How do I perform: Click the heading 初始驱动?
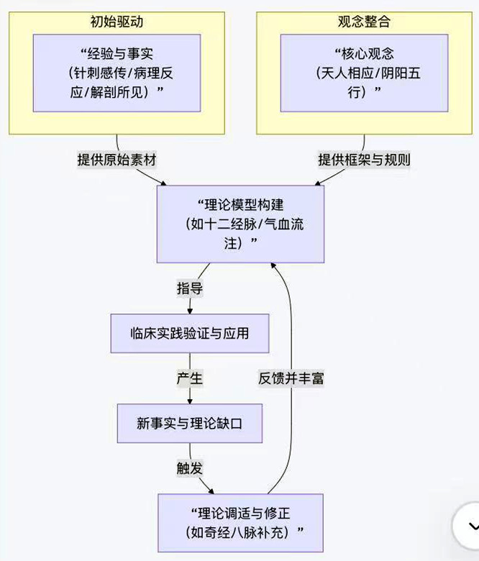117,21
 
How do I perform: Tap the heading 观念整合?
364,21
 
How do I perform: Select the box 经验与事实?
117,73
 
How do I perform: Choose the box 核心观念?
364,73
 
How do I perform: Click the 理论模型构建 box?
240,224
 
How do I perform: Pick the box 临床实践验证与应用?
190,333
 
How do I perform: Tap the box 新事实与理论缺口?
190,423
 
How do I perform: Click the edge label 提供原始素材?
117,160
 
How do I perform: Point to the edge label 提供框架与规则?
364,160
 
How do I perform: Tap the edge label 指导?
190,288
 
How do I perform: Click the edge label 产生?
190,378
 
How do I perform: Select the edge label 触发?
190,467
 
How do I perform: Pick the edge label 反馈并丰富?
291,378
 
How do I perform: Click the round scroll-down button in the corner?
467,527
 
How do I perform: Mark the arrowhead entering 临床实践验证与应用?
190,310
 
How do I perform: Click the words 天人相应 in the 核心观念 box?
339,73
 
